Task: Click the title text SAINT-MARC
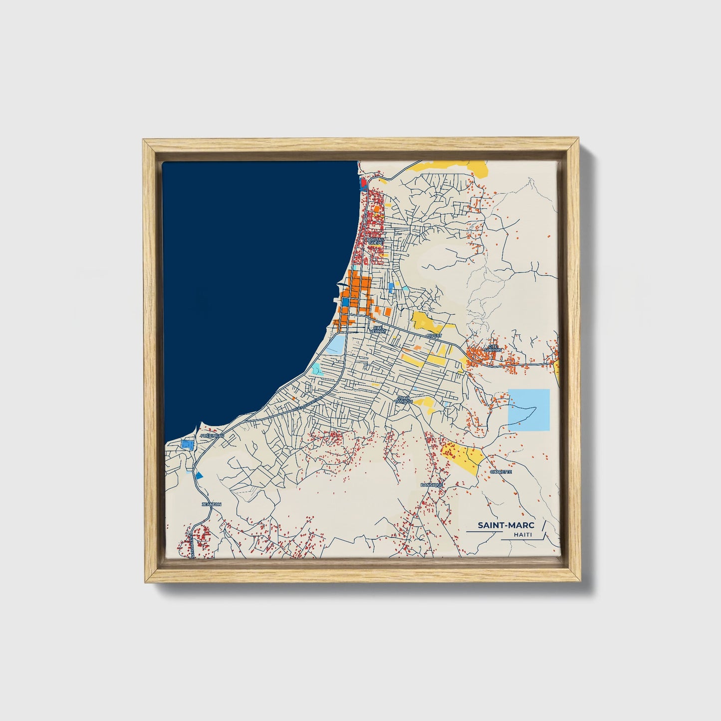(506, 525)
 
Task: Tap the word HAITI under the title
(522, 535)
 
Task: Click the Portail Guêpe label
(375, 241)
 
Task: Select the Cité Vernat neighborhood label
(377, 329)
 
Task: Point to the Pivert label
(434, 336)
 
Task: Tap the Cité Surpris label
(493, 348)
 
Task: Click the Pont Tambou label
(403, 399)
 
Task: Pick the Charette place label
(500, 472)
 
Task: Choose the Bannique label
(432, 484)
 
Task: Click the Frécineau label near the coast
(212, 436)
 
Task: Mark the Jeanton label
(211, 504)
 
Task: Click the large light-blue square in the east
(528, 409)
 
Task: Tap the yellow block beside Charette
(462, 458)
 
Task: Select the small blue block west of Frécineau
(187, 444)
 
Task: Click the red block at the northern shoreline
(363, 183)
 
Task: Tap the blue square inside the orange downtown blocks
(345, 302)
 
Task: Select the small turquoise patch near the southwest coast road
(316, 369)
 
